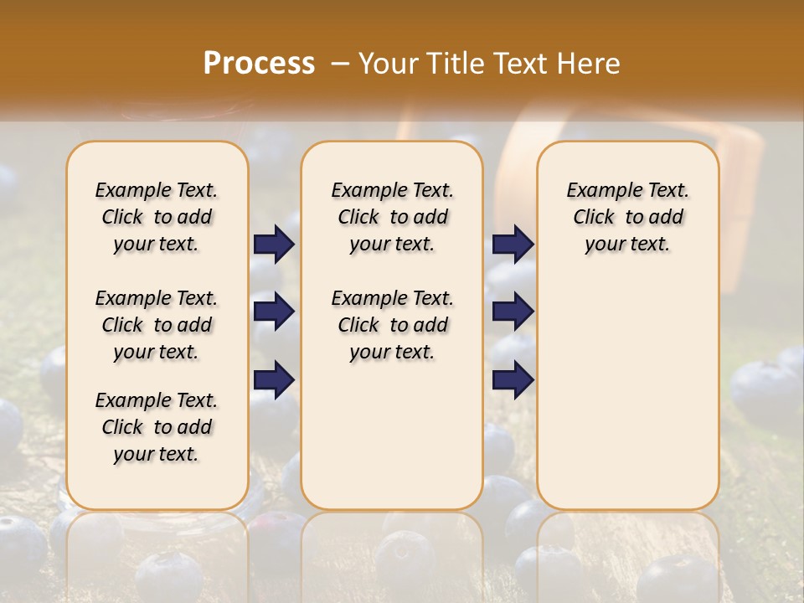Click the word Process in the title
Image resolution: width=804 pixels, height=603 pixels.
259,63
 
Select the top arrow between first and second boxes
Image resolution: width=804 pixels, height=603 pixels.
274,244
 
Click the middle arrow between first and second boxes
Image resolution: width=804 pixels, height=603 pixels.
274,312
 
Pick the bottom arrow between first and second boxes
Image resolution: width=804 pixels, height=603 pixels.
274,379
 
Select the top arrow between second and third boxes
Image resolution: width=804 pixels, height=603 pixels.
513,244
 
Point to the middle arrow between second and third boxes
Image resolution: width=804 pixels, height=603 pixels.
513,312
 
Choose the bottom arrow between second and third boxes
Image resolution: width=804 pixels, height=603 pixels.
513,379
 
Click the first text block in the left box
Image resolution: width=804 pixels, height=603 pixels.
157,217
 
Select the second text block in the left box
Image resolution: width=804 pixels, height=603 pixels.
157,325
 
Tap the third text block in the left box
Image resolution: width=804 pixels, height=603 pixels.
157,427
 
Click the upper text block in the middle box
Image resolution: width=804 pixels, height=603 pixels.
393,217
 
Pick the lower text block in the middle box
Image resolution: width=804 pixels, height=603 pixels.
393,325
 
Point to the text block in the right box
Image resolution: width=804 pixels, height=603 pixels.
628,217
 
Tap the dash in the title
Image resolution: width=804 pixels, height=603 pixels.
340,63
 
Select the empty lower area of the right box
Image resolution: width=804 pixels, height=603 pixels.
628,385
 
